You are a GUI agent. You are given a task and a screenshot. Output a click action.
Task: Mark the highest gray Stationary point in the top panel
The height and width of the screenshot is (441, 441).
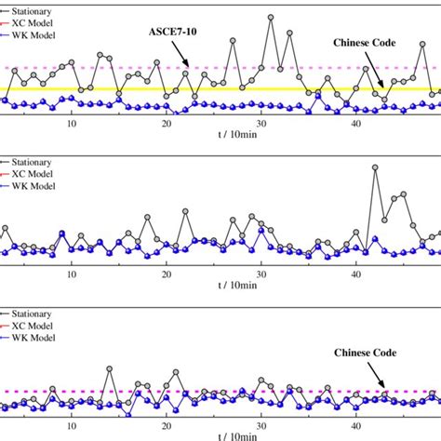coord(271,17)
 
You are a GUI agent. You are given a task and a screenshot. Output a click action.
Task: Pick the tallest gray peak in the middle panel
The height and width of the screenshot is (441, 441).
coord(375,168)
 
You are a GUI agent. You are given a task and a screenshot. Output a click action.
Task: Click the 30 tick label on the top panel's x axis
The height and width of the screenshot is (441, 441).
coord(261,123)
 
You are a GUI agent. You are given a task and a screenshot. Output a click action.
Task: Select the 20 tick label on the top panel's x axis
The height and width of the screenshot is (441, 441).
coord(167,123)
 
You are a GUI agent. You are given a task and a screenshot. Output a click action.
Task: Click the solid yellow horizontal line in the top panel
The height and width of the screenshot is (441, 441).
coord(233,90)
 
